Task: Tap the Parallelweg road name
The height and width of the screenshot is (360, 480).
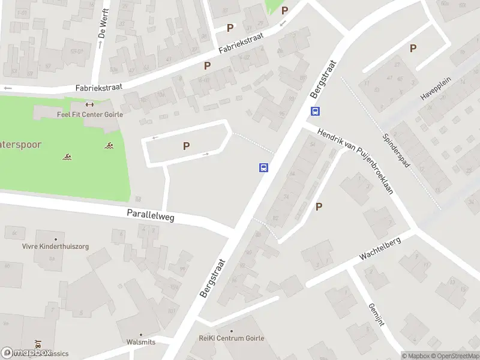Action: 150,215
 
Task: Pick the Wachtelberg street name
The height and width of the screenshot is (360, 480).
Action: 379,247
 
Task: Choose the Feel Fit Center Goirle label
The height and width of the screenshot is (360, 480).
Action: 89,115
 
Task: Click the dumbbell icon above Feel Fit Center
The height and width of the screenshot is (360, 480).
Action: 90,104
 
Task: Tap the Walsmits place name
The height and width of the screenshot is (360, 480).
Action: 141,342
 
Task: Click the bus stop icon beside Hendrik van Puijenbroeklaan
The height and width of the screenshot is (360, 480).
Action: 315,111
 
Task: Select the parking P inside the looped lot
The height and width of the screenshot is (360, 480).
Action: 186,146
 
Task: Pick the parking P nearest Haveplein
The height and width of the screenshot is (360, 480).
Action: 413,49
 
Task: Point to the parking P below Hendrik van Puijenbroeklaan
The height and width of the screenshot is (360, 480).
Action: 319,207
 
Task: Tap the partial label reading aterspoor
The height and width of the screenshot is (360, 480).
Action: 23,145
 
